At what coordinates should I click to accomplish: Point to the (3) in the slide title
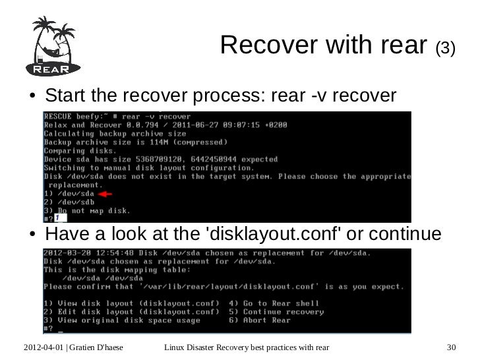445,48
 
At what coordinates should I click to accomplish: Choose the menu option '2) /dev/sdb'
65,202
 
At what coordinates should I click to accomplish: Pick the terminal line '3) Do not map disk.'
87,211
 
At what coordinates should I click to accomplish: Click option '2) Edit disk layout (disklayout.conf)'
131,312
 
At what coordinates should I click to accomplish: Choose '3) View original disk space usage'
122,320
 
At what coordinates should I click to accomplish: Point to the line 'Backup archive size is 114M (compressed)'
135,142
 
